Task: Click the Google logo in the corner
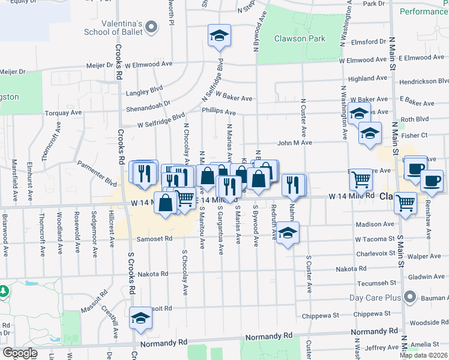click(x=20, y=353)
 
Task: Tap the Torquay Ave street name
click(x=64, y=113)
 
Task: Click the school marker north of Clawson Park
click(x=220, y=35)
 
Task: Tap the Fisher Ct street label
click(x=415, y=136)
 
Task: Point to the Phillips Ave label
click(x=218, y=112)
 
